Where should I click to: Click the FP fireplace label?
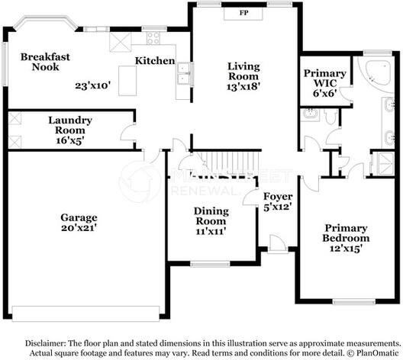click(243, 12)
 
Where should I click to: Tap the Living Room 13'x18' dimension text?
click(242, 87)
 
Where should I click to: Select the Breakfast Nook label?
click(45, 62)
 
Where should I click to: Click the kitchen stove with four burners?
click(153, 38)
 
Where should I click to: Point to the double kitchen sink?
click(183, 73)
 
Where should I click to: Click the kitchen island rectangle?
click(127, 81)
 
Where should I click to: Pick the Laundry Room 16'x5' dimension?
click(70, 140)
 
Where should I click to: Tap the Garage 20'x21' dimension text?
click(79, 227)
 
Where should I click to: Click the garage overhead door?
click(85, 313)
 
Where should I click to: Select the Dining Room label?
click(211, 216)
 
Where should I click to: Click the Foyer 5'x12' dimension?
click(278, 207)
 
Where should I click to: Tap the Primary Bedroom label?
click(346, 233)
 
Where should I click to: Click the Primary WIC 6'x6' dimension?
click(325, 93)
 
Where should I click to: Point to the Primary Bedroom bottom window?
click(354, 302)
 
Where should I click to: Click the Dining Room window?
click(210, 264)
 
